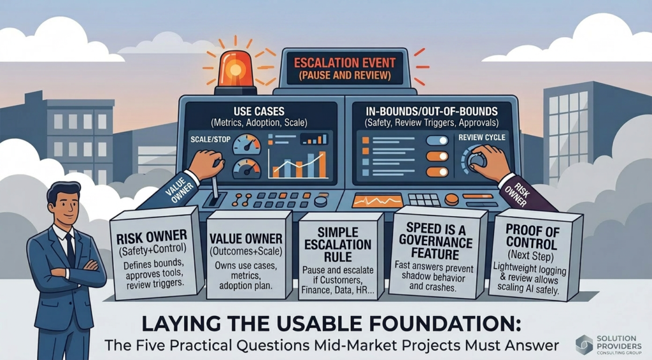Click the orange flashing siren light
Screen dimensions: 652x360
[236, 69]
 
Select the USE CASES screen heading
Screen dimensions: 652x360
[259, 112]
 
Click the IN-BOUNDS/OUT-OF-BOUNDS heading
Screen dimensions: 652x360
[432, 112]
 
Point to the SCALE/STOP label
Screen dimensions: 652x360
[210, 140]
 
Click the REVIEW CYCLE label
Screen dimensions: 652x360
[482, 138]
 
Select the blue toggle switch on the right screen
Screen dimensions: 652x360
[437, 141]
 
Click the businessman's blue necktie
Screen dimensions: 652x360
[71, 249]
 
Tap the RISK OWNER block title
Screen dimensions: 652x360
[152, 238]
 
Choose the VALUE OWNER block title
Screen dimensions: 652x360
[246, 238]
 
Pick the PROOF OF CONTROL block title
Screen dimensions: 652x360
[532, 236]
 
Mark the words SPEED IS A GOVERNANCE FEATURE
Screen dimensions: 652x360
[436, 241]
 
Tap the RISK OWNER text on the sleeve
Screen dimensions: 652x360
[520, 195]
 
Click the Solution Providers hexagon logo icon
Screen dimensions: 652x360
[585, 344]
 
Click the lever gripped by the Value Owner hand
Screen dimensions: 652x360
[214, 188]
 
